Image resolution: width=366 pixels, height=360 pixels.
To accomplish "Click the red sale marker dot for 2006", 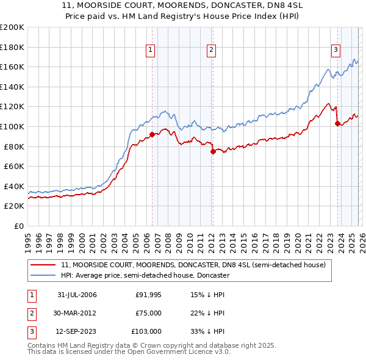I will tap(152, 134).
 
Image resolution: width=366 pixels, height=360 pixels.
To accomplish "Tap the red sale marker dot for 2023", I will tap(337, 123).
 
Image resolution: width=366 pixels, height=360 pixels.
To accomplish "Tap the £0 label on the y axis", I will tap(18, 226).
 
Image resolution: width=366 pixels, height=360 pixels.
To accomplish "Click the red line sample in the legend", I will tap(43, 265).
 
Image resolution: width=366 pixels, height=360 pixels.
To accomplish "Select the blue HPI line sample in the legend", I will tap(43, 276).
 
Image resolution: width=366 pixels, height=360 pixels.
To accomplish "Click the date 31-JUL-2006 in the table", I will tap(77, 295).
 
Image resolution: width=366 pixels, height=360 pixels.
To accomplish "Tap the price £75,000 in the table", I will tap(149, 313).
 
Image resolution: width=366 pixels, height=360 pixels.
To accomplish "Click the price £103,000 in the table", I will tap(146, 331).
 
